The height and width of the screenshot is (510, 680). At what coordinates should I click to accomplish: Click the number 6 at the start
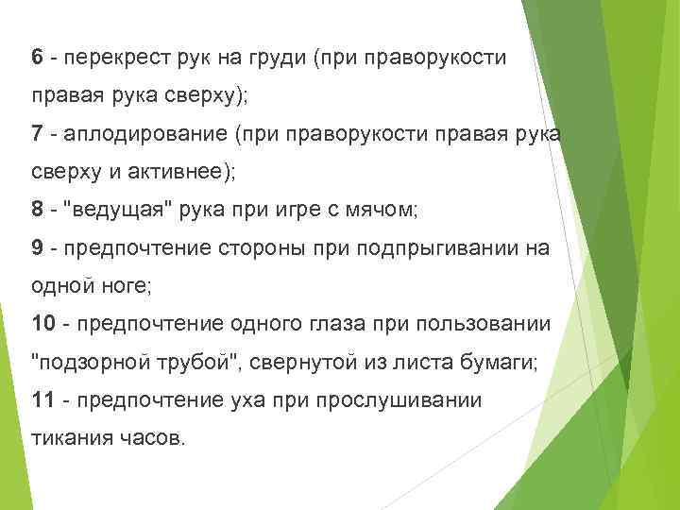(x=38, y=58)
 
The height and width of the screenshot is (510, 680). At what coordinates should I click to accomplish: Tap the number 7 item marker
(x=38, y=135)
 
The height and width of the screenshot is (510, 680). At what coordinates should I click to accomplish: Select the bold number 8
(x=38, y=209)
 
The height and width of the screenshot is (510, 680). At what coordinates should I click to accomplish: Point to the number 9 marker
(x=38, y=248)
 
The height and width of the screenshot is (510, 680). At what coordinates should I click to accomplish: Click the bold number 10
(x=43, y=323)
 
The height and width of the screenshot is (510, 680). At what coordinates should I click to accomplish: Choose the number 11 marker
(x=43, y=399)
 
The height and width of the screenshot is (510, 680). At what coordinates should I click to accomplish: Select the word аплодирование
(x=142, y=136)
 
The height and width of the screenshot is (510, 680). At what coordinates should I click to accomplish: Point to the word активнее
(x=201, y=172)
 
